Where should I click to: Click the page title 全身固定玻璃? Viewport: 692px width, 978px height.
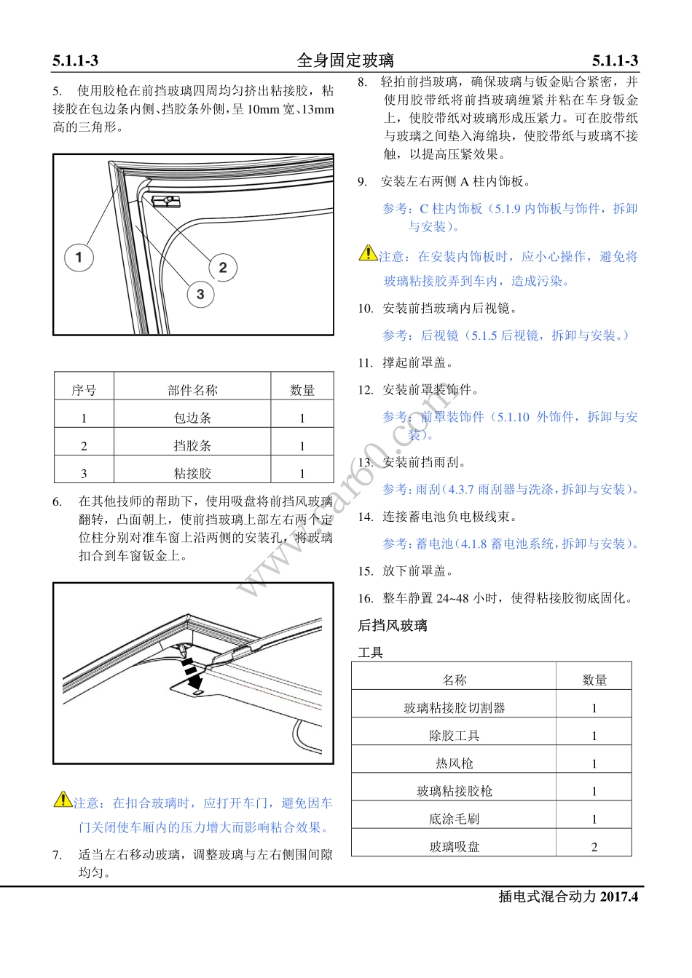(x=345, y=60)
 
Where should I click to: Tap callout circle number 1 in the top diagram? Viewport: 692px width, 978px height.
(x=79, y=257)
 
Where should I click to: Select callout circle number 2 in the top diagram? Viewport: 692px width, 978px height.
(x=223, y=267)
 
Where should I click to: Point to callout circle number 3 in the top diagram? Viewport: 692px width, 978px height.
(x=200, y=295)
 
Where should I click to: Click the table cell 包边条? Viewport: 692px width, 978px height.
(x=192, y=418)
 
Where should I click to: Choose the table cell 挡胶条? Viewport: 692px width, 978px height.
(x=192, y=445)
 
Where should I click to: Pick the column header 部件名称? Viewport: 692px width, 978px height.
(x=192, y=390)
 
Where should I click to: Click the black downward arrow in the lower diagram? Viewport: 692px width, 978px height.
(x=194, y=678)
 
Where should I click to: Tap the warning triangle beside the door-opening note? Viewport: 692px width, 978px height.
(x=63, y=799)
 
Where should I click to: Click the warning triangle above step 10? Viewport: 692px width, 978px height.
(x=368, y=253)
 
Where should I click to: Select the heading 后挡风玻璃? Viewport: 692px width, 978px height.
(x=393, y=626)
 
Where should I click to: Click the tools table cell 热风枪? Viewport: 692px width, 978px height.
(x=454, y=763)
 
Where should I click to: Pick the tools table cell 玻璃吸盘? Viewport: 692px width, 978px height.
(x=454, y=846)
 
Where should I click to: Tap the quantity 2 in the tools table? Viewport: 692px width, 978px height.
(x=594, y=846)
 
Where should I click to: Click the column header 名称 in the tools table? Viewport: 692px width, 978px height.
(x=454, y=680)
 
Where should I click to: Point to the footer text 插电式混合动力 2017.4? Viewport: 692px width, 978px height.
(x=567, y=896)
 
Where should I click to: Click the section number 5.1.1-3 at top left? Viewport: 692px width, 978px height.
(x=75, y=61)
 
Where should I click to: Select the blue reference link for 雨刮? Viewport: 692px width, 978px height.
(x=511, y=490)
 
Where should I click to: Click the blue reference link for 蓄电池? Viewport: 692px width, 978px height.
(x=511, y=544)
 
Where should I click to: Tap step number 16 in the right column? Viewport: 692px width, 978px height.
(x=365, y=599)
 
